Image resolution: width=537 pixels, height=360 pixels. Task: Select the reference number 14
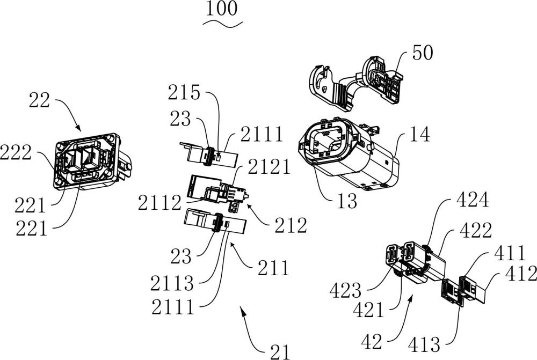tap(418, 136)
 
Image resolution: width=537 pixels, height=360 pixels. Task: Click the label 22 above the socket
tap(40, 99)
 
